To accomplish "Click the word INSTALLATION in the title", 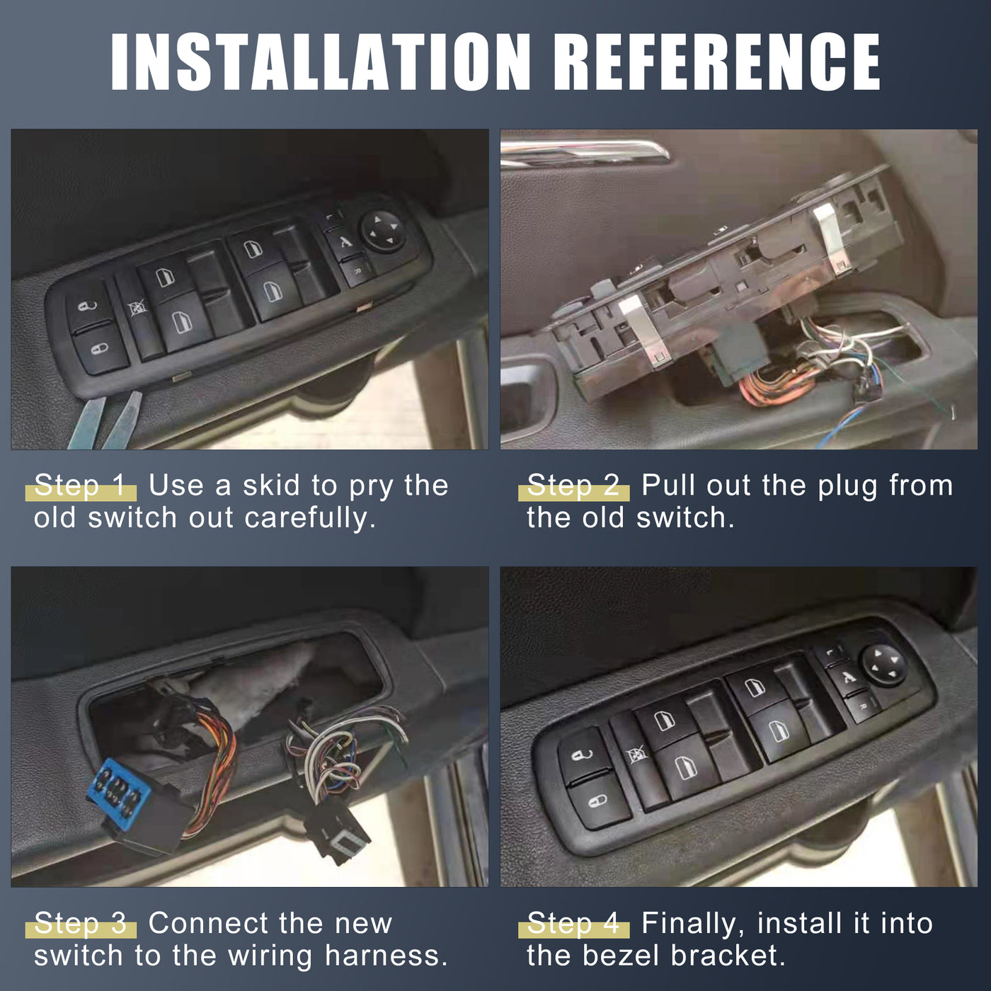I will click(320, 62).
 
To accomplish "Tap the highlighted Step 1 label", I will click(81, 486).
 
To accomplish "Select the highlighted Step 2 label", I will click(573, 486).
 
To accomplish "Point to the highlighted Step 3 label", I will click(81, 924).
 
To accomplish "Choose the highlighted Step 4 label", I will click(573, 924).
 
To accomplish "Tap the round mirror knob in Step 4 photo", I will click(883, 664).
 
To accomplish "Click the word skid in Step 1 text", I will click(275, 486).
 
